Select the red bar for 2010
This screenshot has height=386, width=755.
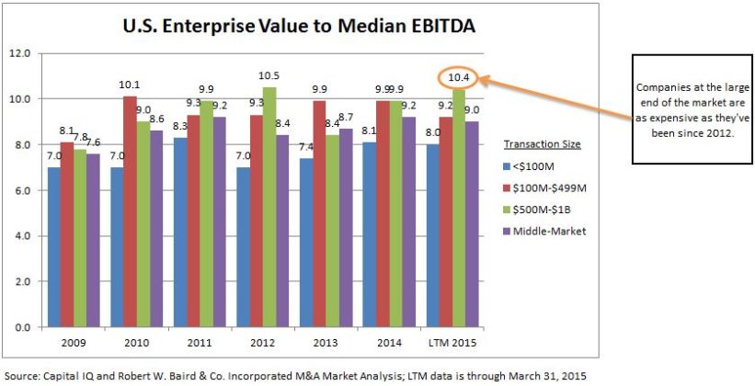click(130, 211)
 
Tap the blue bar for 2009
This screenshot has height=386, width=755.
click(54, 247)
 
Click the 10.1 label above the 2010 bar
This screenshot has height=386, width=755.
click(130, 86)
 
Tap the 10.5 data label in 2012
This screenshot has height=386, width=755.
click(269, 77)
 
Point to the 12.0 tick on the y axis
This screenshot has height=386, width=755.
click(19, 53)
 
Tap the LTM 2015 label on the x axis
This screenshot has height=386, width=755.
click(452, 343)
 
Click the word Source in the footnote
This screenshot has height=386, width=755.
click(22, 375)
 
